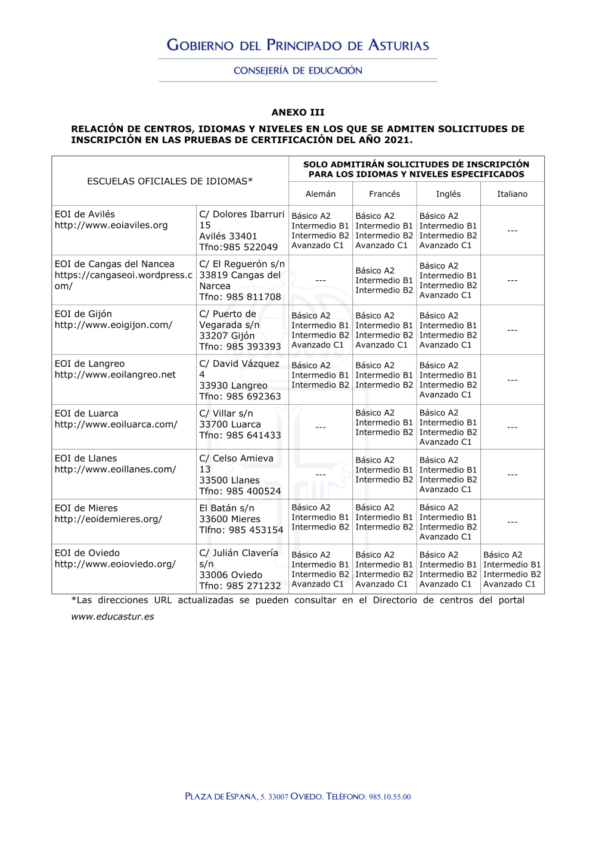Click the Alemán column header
pos(321,194)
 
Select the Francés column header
pos(384,194)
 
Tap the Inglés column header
pos(448,194)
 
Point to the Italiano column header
pos(512,194)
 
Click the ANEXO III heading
pos(298,112)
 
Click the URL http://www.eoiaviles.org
pos(111,225)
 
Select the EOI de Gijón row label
pos(83,314)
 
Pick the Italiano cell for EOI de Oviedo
pos(512,569)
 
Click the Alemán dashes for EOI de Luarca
pos(321,427)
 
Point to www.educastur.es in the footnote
pos(113,616)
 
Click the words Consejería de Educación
pos(298,70)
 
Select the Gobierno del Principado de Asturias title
pos(298,45)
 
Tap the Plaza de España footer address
pos(298,796)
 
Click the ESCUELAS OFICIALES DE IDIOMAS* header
pos(170,181)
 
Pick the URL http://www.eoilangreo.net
pos(115,375)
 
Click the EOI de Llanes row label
pos(86,458)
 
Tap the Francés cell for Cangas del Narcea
pos(384,280)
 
